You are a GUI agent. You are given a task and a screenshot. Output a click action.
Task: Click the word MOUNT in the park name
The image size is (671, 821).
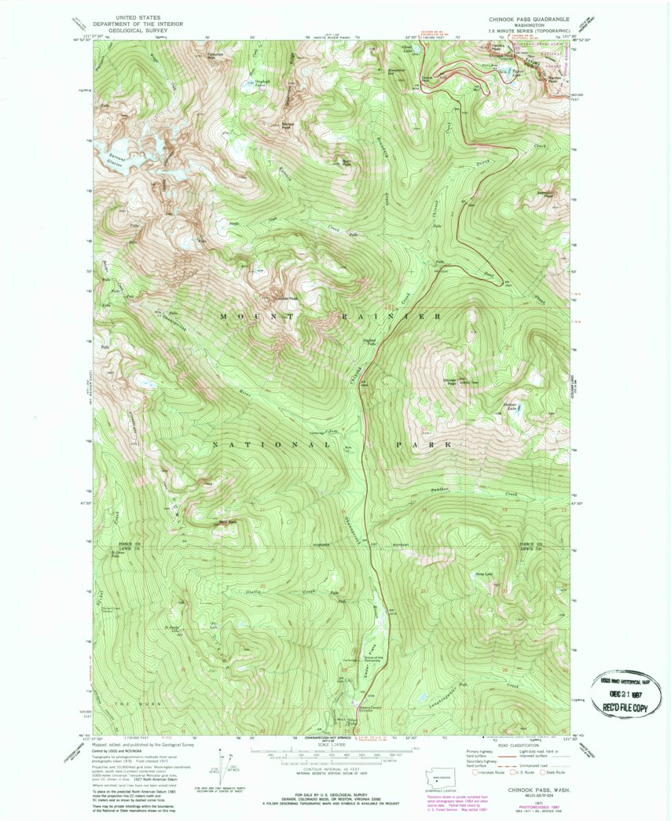(249, 316)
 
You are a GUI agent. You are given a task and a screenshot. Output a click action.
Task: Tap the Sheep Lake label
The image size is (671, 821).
(484, 574)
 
